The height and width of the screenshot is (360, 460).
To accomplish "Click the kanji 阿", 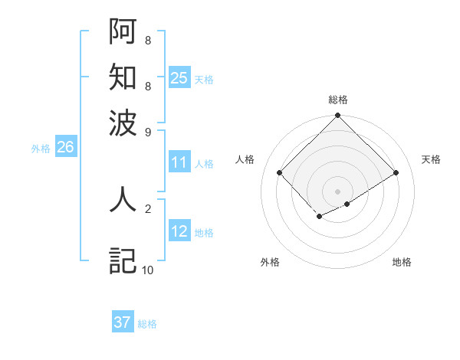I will pyautogui.click(x=123, y=31).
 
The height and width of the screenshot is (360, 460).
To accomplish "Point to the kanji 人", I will pyautogui.click(x=123, y=199).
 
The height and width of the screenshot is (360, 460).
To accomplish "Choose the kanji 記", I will pyautogui.click(x=123, y=260).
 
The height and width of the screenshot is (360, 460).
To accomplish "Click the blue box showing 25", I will pyautogui.click(x=179, y=78).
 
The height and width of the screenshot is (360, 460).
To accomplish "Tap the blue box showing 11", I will pyautogui.click(x=179, y=162).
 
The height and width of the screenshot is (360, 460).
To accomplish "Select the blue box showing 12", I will pyautogui.click(x=179, y=231).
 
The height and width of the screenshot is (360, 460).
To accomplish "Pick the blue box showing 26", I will pyautogui.click(x=65, y=148).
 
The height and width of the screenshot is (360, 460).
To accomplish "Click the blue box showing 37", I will pyautogui.click(x=123, y=322).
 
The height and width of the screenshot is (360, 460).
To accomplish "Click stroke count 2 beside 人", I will pyautogui.click(x=147, y=208).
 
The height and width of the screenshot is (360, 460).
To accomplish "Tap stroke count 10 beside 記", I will pyautogui.click(x=147, y=270).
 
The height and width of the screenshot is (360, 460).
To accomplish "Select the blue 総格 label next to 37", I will pyautogui.click(x=147, y=324).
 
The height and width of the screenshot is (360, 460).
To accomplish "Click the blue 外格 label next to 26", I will pyautogui.click(x=41, y=149).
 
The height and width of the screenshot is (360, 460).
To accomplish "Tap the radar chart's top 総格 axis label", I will pyautogui.click(x=338, y=100).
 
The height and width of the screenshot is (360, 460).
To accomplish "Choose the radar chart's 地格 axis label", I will pyautogui.click(x=402, y=263).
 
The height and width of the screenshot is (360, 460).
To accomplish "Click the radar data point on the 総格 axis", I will pyautogui.click(x=338, y=116).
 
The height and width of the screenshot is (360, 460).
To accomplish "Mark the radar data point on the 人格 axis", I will pyautogui.click(x=280, y=172).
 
